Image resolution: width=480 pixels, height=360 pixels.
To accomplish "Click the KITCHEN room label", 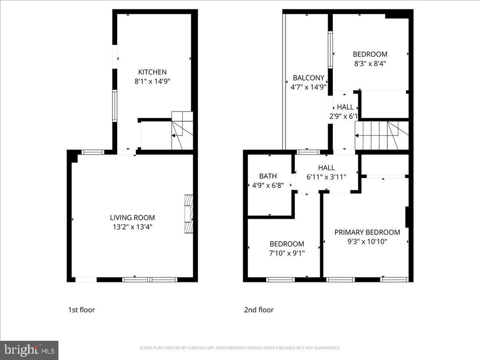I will click(152, 72).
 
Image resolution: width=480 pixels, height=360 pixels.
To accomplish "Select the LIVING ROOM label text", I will click(132, 217).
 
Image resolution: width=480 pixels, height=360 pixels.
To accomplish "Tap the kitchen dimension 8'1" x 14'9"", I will click(152, 81).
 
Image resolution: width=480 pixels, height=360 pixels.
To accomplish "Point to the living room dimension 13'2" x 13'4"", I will click(132, 227).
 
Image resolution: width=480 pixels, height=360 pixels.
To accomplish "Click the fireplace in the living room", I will click(188, 214).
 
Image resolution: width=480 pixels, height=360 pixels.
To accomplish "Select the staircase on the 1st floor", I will click(182, 131).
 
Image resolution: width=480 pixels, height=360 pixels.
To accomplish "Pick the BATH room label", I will click(268, 176).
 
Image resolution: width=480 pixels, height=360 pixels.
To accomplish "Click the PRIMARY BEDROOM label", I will click(367, 232).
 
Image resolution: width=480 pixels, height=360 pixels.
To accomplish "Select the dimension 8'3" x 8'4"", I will click(370, 62).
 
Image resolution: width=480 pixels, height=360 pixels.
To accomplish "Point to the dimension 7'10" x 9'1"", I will click(286, 253).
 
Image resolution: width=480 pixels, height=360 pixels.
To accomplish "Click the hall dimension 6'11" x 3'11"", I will click(326, 177).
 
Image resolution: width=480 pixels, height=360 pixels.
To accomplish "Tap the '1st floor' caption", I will click(82, 310).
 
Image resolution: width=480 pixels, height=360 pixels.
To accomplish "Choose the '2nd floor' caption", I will click(258, 310).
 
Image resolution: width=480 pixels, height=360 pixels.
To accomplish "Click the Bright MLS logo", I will click(29, 350).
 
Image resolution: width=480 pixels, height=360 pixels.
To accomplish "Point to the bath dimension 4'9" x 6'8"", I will click(268, 185).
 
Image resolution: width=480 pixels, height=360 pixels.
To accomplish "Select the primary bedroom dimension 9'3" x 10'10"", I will click(367, 242).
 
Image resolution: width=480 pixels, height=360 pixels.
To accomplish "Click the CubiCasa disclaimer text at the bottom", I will click(240, 348).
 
